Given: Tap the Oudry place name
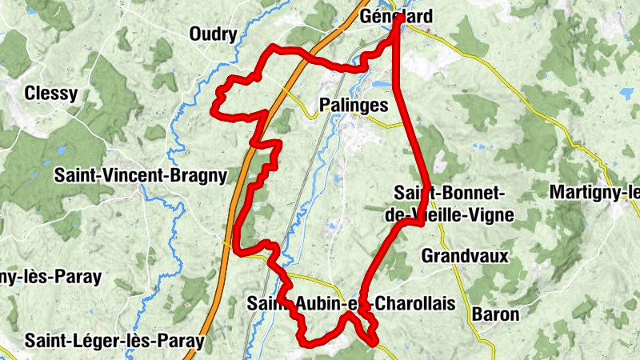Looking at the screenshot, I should tap(214, 34).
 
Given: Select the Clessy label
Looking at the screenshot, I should tap(51, 93).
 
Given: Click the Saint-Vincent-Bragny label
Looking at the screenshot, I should tap(141, 175).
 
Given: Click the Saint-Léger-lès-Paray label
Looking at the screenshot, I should tap(114, 341).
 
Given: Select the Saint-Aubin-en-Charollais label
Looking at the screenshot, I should tap(350, 303).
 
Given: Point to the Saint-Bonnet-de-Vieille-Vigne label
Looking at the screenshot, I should tap(454, 203).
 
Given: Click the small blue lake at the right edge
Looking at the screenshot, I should tap(626, 94).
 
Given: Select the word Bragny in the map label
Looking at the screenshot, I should tap(197, 175).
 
